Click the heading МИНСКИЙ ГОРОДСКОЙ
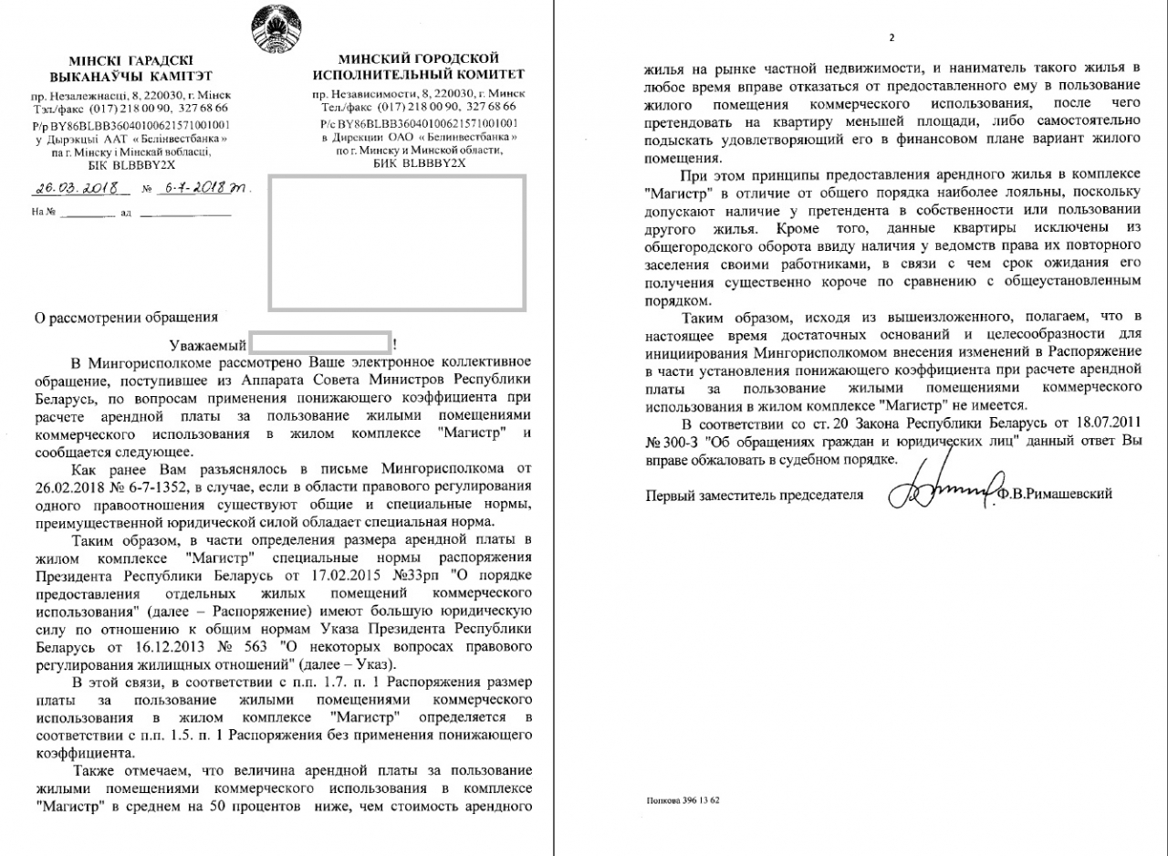click(418, 58)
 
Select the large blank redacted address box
click(396, 242)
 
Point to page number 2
click(892, 37)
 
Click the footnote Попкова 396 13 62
click(683, 800)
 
